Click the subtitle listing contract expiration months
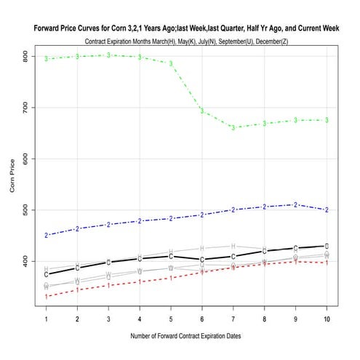point(186,41)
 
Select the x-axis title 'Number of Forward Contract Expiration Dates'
point(186,336)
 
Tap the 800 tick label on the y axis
point(25,56)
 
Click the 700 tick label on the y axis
point(25,108)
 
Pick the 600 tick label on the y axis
point(25,159)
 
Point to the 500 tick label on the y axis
point(25,209)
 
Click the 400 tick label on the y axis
point(25,260)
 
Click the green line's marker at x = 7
point(233,127)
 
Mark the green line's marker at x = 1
point(47,58)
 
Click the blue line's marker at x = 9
point(295,204)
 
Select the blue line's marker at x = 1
point(47,235)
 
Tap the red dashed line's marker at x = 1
point(47,296)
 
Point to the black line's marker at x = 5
point(171,256)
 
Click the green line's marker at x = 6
point(202,111)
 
